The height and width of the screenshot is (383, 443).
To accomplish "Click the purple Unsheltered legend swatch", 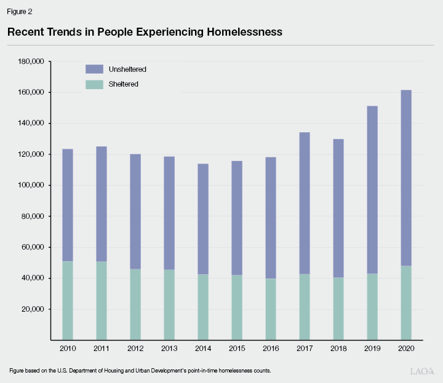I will click(x=95, y=69).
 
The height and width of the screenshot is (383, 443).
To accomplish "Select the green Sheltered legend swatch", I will click(x=95, y=84).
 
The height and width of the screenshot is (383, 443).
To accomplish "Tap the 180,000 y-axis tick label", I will click(x=30, y=61).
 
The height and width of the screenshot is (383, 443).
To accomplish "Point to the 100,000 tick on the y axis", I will click(x=30, y=185).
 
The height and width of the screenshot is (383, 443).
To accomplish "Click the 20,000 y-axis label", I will click(x=31, y=309).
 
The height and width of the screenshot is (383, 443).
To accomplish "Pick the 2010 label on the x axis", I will click(x=67, y=349).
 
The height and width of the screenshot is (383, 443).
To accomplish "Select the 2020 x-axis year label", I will click(x=405, y=349).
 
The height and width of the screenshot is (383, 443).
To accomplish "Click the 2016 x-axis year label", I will click(x=270, y=349).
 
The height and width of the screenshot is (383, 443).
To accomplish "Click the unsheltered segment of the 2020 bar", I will click(x=405, y=178).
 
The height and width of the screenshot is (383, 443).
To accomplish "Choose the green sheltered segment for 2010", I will click(x=67, y=301).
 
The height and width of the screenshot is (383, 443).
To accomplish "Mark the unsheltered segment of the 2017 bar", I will click(x=304, y=203).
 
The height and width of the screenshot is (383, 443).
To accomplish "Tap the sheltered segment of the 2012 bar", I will click(x=135, y=304).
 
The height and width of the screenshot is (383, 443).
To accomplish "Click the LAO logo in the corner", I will click(x=422, y=371).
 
